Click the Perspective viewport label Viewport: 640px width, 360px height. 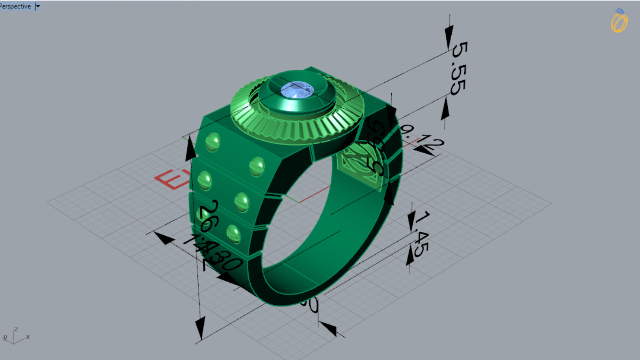click(16, 6)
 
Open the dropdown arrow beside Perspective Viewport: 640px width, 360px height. click(38, 6)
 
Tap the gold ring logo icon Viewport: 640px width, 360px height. click(619, 21)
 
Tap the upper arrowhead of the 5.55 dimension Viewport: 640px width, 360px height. click(449, 35)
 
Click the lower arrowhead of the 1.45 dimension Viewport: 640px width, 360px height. click(410, 257)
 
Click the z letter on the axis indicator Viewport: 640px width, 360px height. click(16, 329)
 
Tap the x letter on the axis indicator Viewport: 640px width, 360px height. click(28, 337)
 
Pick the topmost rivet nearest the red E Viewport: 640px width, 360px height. click(212, 142)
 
